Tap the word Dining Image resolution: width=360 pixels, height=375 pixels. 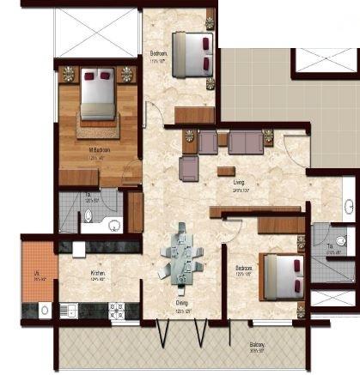pos(181,302)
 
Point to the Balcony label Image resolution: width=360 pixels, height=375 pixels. pos(257,323)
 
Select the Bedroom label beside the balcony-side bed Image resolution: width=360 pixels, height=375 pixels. pos(244,268)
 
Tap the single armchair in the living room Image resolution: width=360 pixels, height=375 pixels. pos(190,168)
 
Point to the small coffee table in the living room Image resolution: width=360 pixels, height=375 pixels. pos(226,170)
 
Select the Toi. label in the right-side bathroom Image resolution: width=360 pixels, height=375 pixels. pos(331,247)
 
